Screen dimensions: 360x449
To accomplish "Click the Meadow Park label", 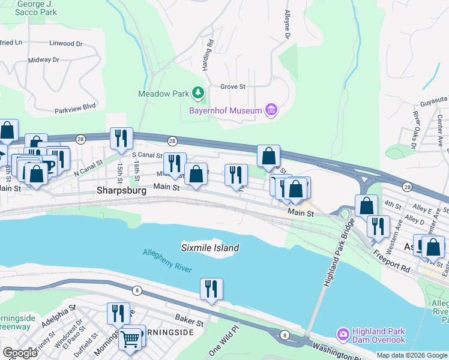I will coord(163,94).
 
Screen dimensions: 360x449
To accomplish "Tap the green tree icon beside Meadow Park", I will coord(198,93).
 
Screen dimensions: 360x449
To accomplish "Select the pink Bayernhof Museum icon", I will coord(271,110).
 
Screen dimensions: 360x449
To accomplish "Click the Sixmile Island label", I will coord(210,248).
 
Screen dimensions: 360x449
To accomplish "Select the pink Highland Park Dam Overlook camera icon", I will coord(343,333).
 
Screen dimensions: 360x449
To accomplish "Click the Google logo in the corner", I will coord(19,353).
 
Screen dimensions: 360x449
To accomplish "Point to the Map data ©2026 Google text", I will coord(412,355).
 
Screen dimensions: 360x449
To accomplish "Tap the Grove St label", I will coord(233,86).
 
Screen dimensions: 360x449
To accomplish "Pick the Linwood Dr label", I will coord(66,43).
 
